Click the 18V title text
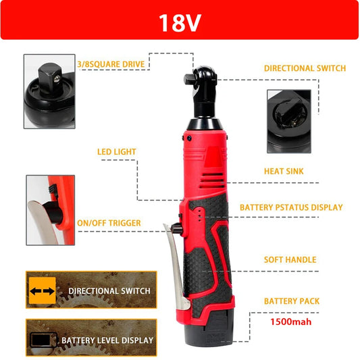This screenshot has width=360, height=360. pyautogui.click(x=180, y=23)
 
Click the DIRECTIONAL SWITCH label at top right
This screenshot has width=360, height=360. pyautogui.click(x=305, y=68)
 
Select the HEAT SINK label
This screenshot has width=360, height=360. pyautogui.click(x=283, y=172)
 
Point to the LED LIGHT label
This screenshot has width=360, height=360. pyautogui.click(x=116, y=152)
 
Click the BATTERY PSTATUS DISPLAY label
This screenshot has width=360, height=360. pyautogui.click(x=291, y=207)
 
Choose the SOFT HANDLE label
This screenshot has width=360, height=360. pyautogui.click(x=290, y=259)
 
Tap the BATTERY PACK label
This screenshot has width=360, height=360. pyautogui.click(x=292, y=301)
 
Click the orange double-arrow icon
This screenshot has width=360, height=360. pyautogui.click(x=42, y=291)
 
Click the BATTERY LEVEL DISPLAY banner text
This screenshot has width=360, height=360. pyautogui.click(x=107, y=340)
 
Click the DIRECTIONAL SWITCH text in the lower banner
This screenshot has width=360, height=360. pyautogui.click(x=109, y=291)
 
